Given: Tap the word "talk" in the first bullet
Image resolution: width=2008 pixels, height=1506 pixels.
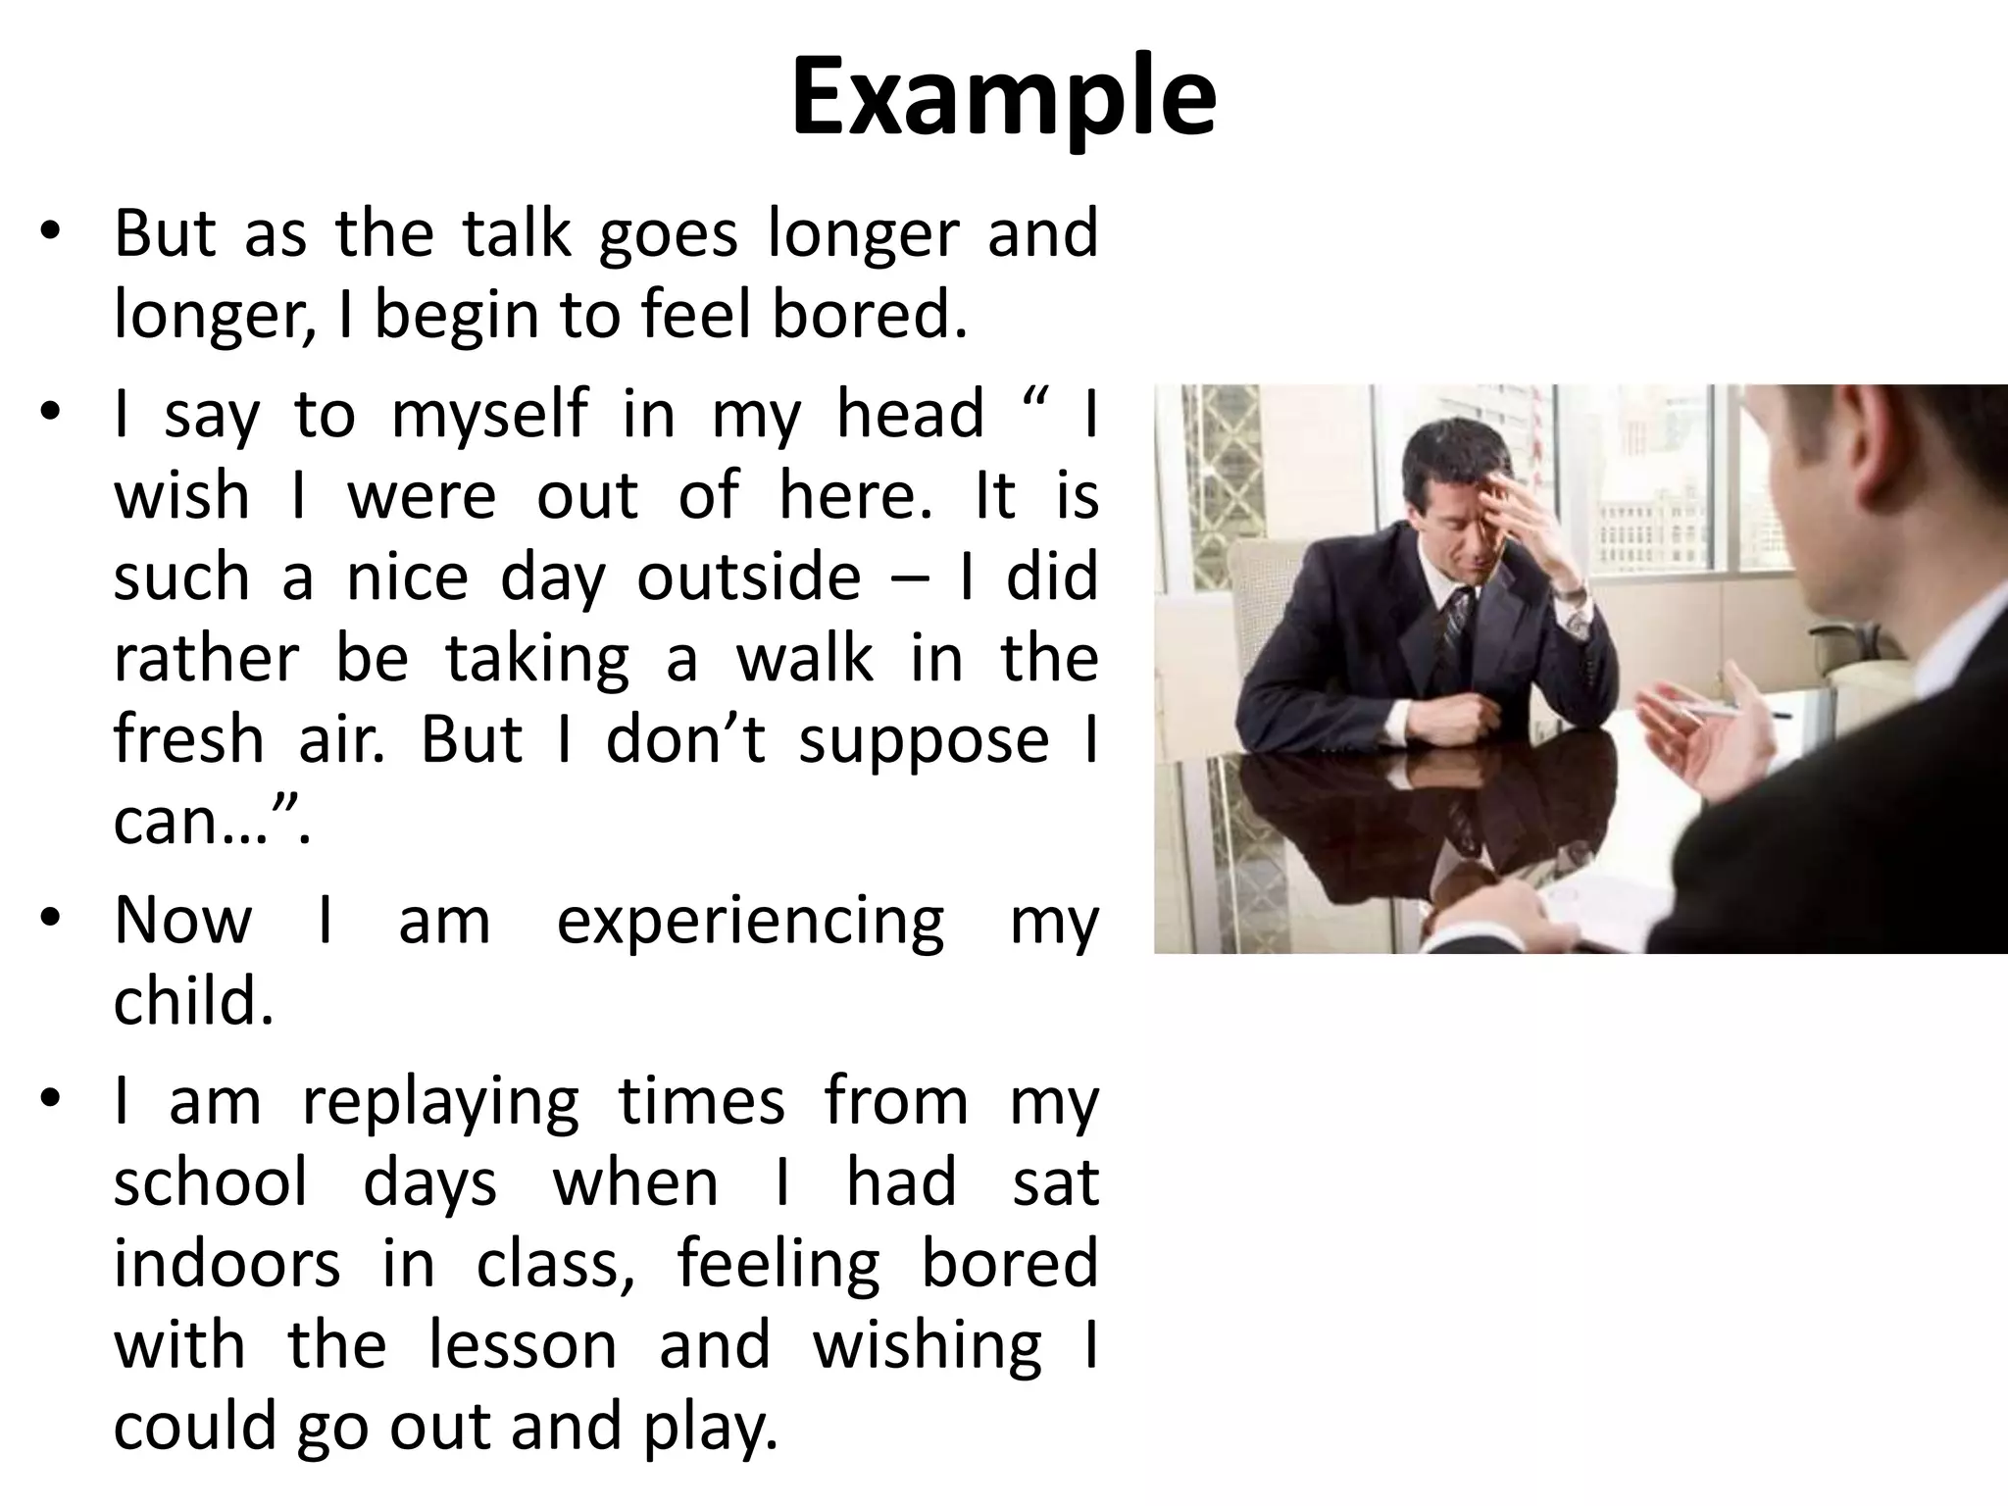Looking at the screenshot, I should coord(517,234).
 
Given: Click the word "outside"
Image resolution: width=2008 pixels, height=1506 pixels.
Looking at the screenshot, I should coord(748,577).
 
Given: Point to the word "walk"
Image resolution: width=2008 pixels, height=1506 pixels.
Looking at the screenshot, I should coord(804,658).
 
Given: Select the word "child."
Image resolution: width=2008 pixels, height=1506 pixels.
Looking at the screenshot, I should coord(193,1002).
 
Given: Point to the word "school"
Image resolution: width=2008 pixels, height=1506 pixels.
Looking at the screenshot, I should coord(210,1181).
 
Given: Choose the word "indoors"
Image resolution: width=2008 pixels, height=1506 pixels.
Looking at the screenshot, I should coord(226,1263).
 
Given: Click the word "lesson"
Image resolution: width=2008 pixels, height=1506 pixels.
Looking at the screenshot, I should coord(523,1344).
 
